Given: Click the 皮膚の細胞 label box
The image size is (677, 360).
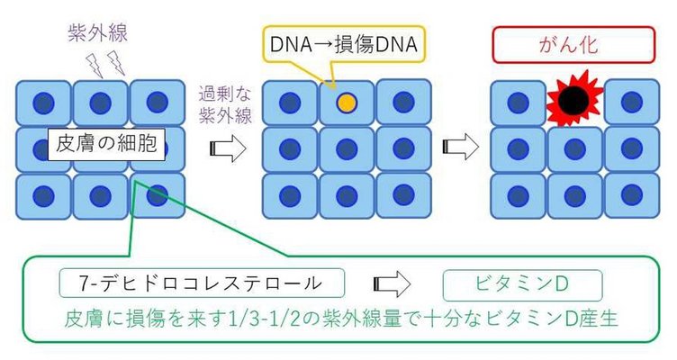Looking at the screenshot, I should click(x=107, y=143).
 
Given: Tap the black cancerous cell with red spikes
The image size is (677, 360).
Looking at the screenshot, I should click(x=573, y=102).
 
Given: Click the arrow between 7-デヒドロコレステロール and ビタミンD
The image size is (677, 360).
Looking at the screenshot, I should click(x=393, y=284).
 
